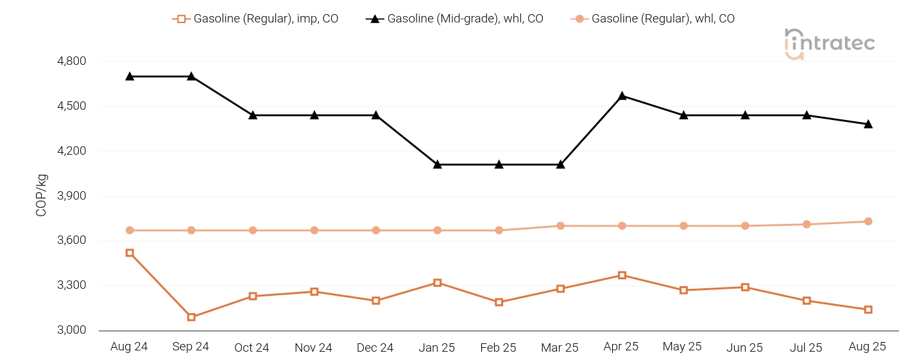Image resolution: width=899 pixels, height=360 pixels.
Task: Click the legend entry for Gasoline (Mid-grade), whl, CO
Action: (x=454, y=19)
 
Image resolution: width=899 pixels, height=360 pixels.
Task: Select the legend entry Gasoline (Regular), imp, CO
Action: (x=255, y=19)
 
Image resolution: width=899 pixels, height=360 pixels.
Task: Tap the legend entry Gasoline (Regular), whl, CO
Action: (x=653, y=19)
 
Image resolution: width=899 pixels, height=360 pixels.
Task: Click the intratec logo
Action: (x=829, y=44)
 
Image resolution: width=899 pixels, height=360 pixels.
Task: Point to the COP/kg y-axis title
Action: (x=42, y=195)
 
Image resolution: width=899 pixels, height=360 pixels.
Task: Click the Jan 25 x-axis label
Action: (x=437, y=348)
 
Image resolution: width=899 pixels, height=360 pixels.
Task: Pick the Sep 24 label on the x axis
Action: (x=191, y=347)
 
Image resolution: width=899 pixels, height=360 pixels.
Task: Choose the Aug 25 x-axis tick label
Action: (x=868, y=347)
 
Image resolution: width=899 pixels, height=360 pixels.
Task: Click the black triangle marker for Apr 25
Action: (x=622, y=96)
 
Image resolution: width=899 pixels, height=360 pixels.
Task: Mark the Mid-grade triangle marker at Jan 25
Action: (x=438, y=164)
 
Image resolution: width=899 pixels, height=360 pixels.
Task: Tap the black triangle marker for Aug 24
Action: (x=130, y=76)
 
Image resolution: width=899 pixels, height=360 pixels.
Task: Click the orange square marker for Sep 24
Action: (x=191, y=317)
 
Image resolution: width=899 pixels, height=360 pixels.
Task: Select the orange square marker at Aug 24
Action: (x=130, y=253)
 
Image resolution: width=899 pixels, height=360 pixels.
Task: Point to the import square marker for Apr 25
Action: (x=622, y=275)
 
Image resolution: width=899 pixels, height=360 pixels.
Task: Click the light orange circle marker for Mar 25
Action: (x=560, y=226)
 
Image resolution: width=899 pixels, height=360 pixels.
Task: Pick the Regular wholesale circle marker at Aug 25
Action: (x=868, y=221)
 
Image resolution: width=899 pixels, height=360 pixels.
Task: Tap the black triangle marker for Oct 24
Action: (x=253, y=115)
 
